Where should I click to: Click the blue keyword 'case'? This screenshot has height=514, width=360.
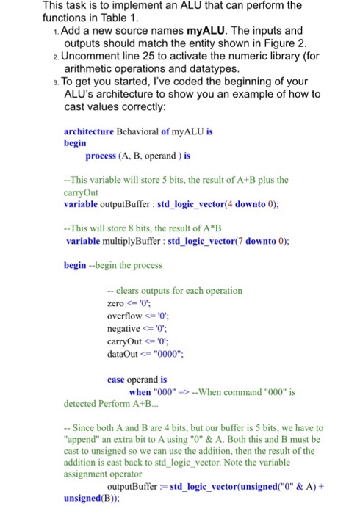coord(116,380)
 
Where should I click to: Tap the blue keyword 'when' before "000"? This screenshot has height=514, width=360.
coord(140,392)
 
